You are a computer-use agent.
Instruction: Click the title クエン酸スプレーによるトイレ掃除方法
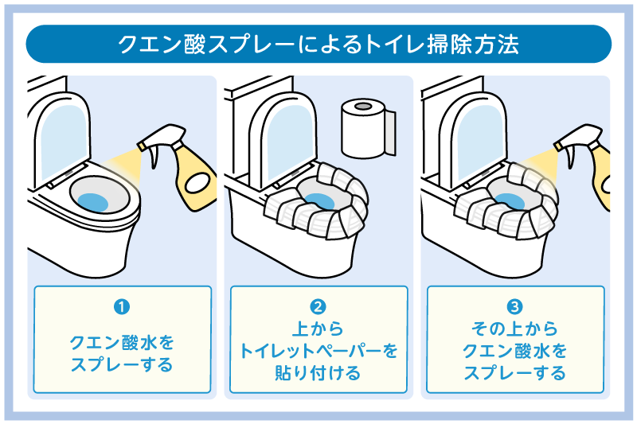point(318,44)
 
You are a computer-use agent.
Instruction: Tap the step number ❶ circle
point(122,305)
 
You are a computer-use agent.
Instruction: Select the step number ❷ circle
point(318,305)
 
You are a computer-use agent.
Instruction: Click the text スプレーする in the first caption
point(122,365)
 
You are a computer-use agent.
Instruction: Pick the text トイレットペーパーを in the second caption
point(318,351)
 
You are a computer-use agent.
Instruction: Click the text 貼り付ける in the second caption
point(318,372)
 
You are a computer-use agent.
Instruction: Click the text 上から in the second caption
point(318,329)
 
